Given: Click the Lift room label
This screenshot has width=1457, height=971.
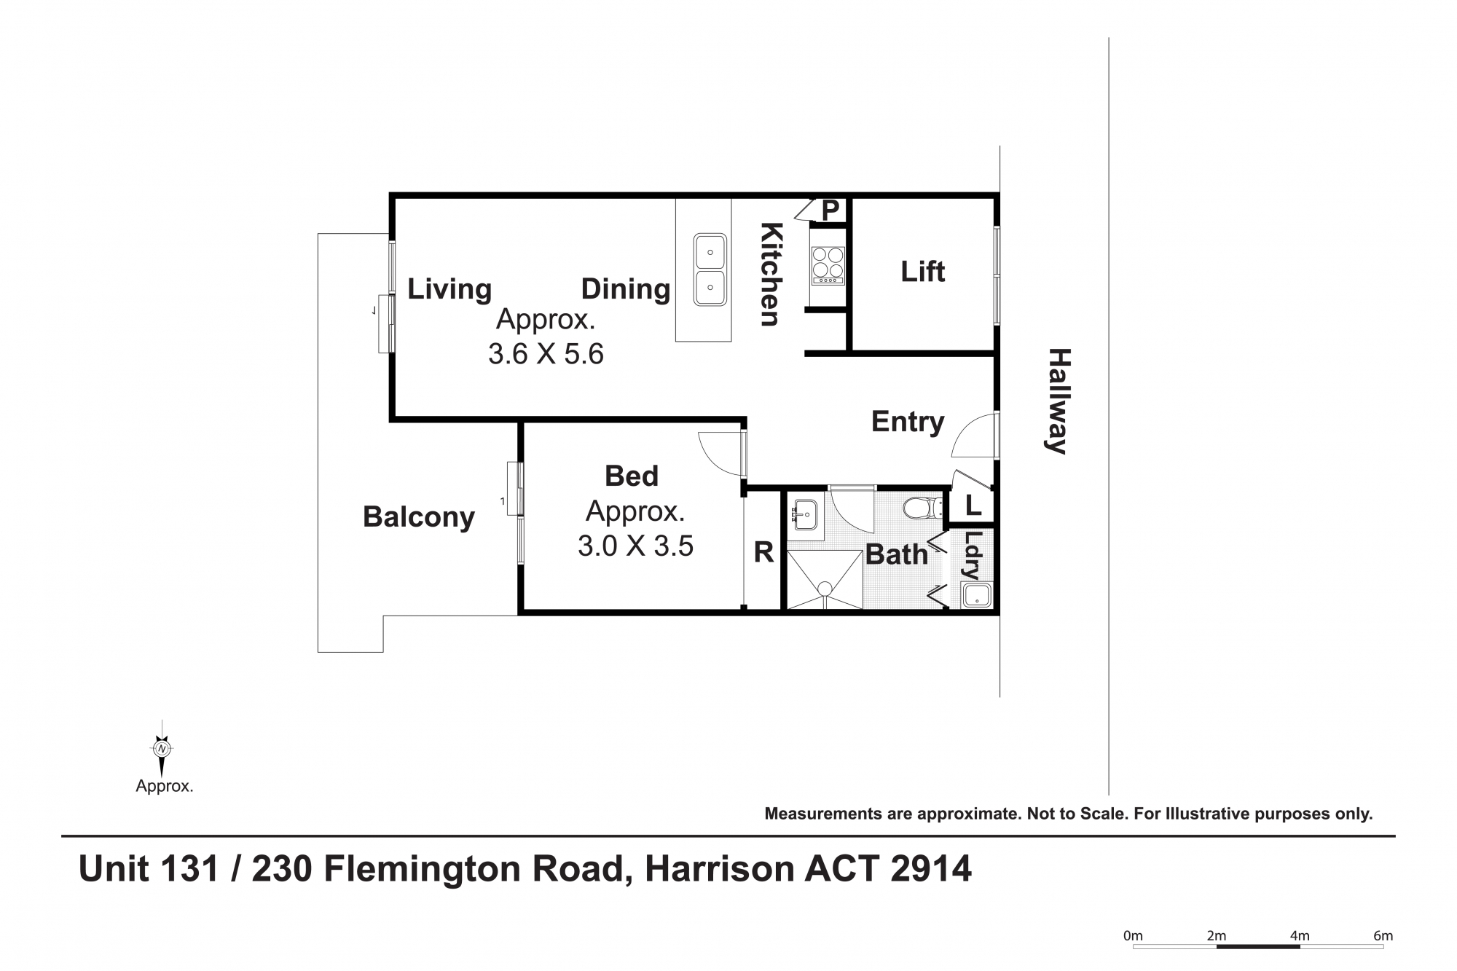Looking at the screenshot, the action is click(922, 272).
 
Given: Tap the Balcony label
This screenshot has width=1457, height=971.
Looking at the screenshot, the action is click(419, 517).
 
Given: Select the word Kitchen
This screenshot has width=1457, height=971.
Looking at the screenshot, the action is click(770, 274).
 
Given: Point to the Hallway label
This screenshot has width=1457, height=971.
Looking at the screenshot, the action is click(1057, 401).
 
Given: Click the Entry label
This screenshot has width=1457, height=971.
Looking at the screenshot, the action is click(908, 422).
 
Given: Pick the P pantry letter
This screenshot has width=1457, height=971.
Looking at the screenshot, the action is click(830, 211).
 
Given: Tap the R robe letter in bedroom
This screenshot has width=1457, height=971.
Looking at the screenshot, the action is click(763, 553).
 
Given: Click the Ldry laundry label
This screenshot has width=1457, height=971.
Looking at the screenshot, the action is click(973, 555).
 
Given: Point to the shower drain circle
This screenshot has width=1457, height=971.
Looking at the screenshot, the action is click(825, 589).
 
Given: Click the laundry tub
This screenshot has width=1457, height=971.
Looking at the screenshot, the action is click(975, 596).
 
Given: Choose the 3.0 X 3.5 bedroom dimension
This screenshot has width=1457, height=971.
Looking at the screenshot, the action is click(635, 546).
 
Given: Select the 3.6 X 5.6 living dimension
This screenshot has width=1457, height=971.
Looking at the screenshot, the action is click(546, 355).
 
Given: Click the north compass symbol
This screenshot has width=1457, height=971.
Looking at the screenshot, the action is click(162, 748).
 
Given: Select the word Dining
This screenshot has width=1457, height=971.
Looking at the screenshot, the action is click(626, 290).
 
